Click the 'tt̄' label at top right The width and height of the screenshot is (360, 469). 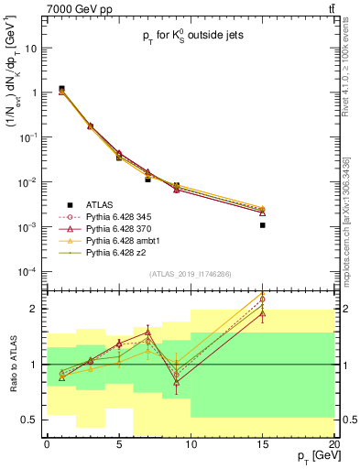point(329,8)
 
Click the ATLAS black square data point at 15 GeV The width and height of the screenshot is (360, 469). point(262,225)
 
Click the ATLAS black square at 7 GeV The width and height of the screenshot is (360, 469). point(147,180)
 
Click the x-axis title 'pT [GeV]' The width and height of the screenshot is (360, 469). point(317,455)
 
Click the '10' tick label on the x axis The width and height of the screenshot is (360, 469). point(191,443)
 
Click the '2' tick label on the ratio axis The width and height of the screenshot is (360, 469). point(35,309)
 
